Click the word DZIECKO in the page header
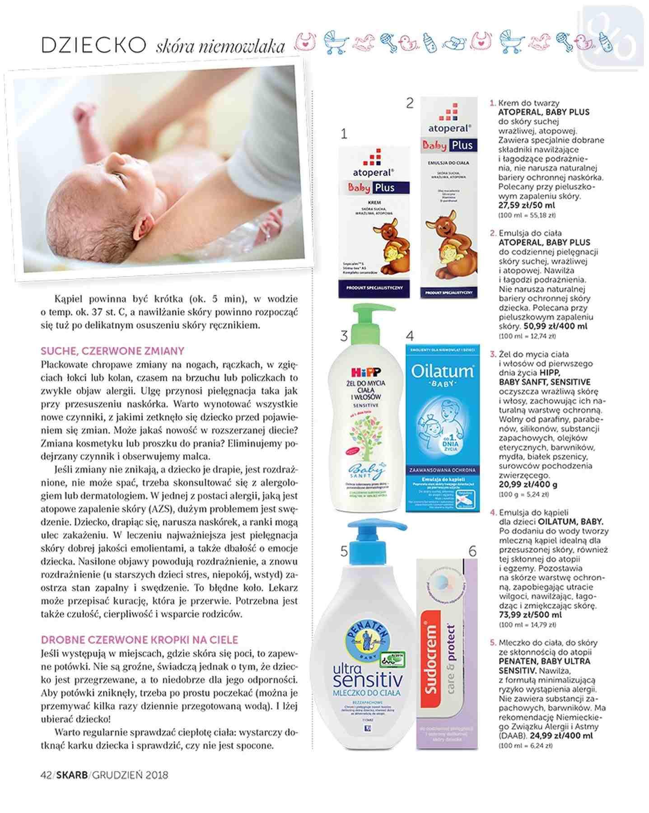tap(93, 45)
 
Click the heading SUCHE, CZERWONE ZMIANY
tap(112, 351)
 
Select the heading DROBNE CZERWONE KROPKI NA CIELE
tap(139, 640)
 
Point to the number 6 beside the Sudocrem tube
tap(472, 551)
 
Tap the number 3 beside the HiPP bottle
tap(344, 336)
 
